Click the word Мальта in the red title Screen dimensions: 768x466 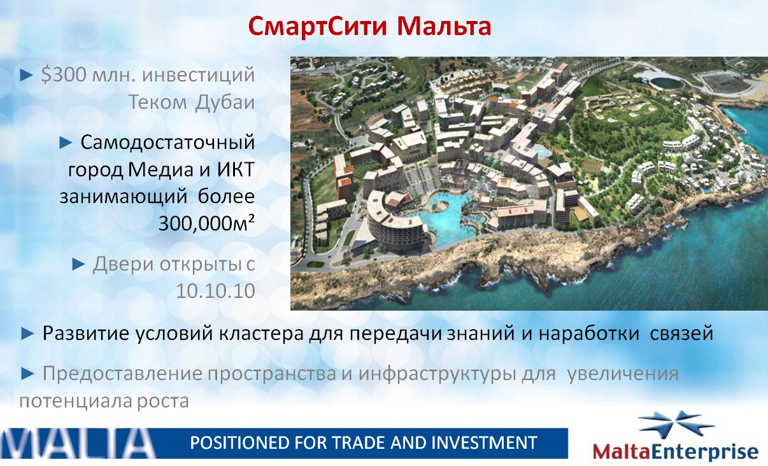444,26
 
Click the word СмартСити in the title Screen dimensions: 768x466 318,26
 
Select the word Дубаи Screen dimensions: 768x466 225,102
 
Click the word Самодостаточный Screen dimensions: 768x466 167,142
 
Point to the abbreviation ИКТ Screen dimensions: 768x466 236,169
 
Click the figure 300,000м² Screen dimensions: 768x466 206,223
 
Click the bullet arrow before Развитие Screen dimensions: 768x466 27,334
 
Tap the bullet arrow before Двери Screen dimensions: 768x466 78,265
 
